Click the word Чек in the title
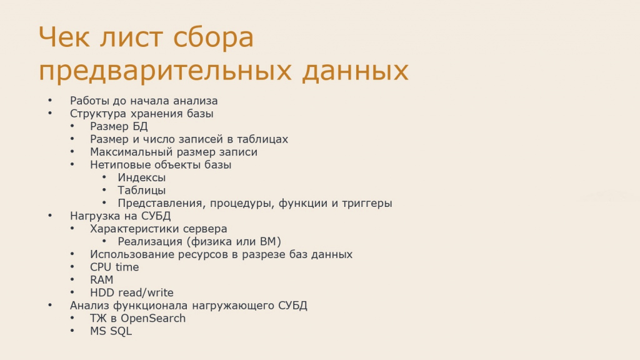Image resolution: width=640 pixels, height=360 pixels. coord(64,37)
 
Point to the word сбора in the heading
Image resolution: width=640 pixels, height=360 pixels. coord(213,37)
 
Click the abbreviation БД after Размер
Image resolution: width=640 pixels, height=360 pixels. coord(139,126)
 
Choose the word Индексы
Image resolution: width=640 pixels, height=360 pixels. coord(142,177)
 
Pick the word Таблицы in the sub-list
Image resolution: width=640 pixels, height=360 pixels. coord(142,190)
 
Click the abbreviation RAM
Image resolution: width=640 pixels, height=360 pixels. coord(102,280)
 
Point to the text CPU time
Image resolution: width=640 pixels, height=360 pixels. coord(114,267)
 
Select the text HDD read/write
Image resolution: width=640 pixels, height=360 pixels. coord(132,292)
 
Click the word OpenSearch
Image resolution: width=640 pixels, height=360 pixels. coord(153,318)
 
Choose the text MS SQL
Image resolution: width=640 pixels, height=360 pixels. coord(111,331)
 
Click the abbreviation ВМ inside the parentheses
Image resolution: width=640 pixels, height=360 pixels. coord(268,242)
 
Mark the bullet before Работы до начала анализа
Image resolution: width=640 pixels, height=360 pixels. coord(50,101)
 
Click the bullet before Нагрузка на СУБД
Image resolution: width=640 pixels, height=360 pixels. coord(50,216)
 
